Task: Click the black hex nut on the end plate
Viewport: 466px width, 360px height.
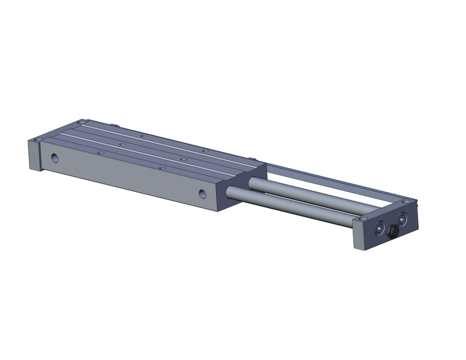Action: pyautogui.click(x=391, y=232)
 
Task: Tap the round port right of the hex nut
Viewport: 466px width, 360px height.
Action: pyautogui.click(x=402, y=217)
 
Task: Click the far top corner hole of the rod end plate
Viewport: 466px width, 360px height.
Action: pyautogui.click(x=407, y=201)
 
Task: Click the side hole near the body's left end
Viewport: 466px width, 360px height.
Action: pyautogui.click(x=55, y=158)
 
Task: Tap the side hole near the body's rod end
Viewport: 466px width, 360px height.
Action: pyautogui.click(x=202, y=194)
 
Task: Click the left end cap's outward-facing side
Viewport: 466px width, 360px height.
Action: pyautogui.click(x=34, y=156)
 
